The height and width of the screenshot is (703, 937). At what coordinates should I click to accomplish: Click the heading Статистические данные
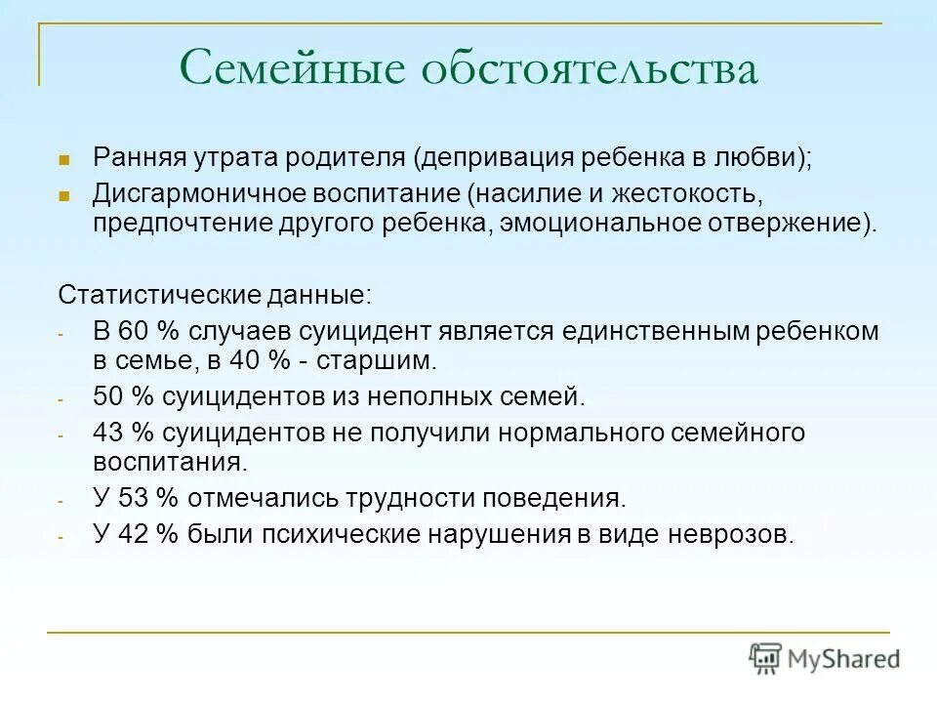[215, 294]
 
